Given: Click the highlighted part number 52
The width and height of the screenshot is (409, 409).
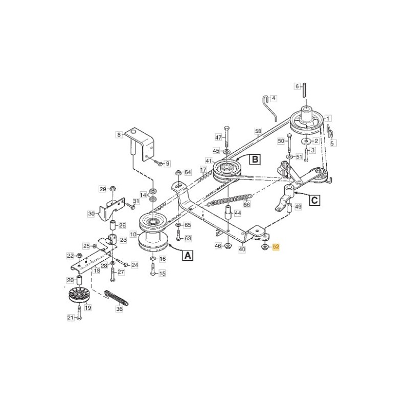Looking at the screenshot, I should pyautogui.click(x=276, y=247).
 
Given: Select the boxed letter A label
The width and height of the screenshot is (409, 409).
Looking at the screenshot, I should pyautogui.click(x=188, y=255).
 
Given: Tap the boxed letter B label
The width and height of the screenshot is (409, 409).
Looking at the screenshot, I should pyautogui.click(x=255, y=160).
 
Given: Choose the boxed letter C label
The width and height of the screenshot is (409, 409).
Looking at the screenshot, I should pyautogui.click(x=315, y=200).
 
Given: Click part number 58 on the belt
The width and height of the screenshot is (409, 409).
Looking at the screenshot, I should pyautogui.click(x=258, y=132).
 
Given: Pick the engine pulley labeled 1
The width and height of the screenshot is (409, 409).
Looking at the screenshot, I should pyautogui.click(x=307, y=120).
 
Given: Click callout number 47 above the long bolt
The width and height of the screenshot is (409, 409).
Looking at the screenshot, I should pyautogui.click(x=218, y=138).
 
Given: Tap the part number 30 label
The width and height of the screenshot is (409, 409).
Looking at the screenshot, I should pyautogui.click(x=92, y=214).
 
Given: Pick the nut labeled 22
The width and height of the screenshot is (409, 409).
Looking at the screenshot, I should pyautogui.click(x=79, y=255).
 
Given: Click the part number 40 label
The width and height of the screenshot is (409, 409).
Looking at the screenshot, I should pyautogui.click(x=242, y=249).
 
